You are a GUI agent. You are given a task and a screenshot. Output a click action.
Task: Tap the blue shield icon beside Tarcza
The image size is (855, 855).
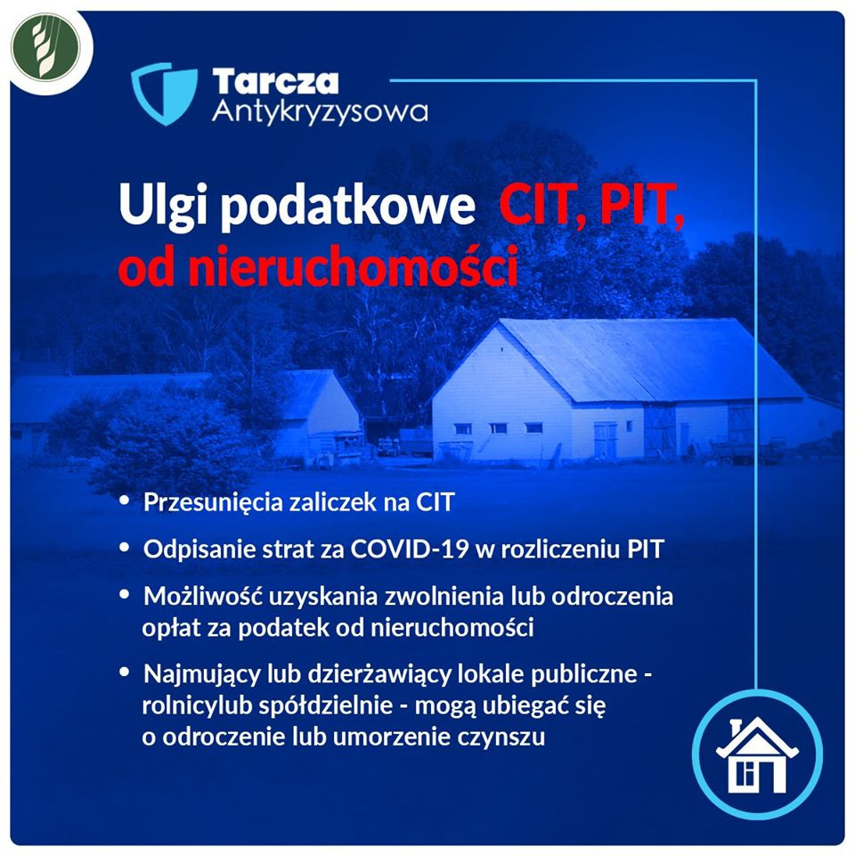point(164,94)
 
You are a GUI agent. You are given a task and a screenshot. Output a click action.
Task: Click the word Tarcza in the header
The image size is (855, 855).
point(275,82)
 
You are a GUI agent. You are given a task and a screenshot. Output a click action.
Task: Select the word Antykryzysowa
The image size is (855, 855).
point(320,112)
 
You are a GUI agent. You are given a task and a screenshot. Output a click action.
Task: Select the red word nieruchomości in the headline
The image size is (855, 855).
point(353,266)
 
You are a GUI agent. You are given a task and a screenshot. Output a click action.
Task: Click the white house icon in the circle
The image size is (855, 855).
point(757,755)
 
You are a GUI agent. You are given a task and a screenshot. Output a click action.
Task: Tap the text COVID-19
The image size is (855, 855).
point(410,549)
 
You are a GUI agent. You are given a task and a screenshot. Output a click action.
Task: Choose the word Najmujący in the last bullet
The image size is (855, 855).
point(202,675)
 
